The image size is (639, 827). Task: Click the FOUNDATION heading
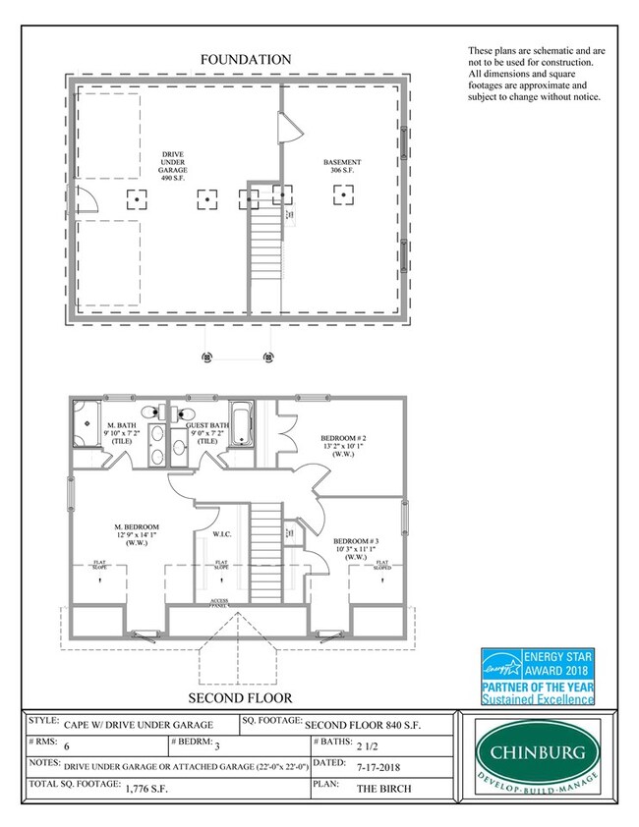(x=245, y=60)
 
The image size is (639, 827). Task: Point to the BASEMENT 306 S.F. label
(x=343, y=167)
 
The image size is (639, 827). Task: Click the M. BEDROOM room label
(x=137, y=534)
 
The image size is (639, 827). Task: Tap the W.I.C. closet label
(x=222, y=535)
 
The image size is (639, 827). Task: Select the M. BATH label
(x=123, y=433)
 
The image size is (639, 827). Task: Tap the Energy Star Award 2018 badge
(x=537, y=676)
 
